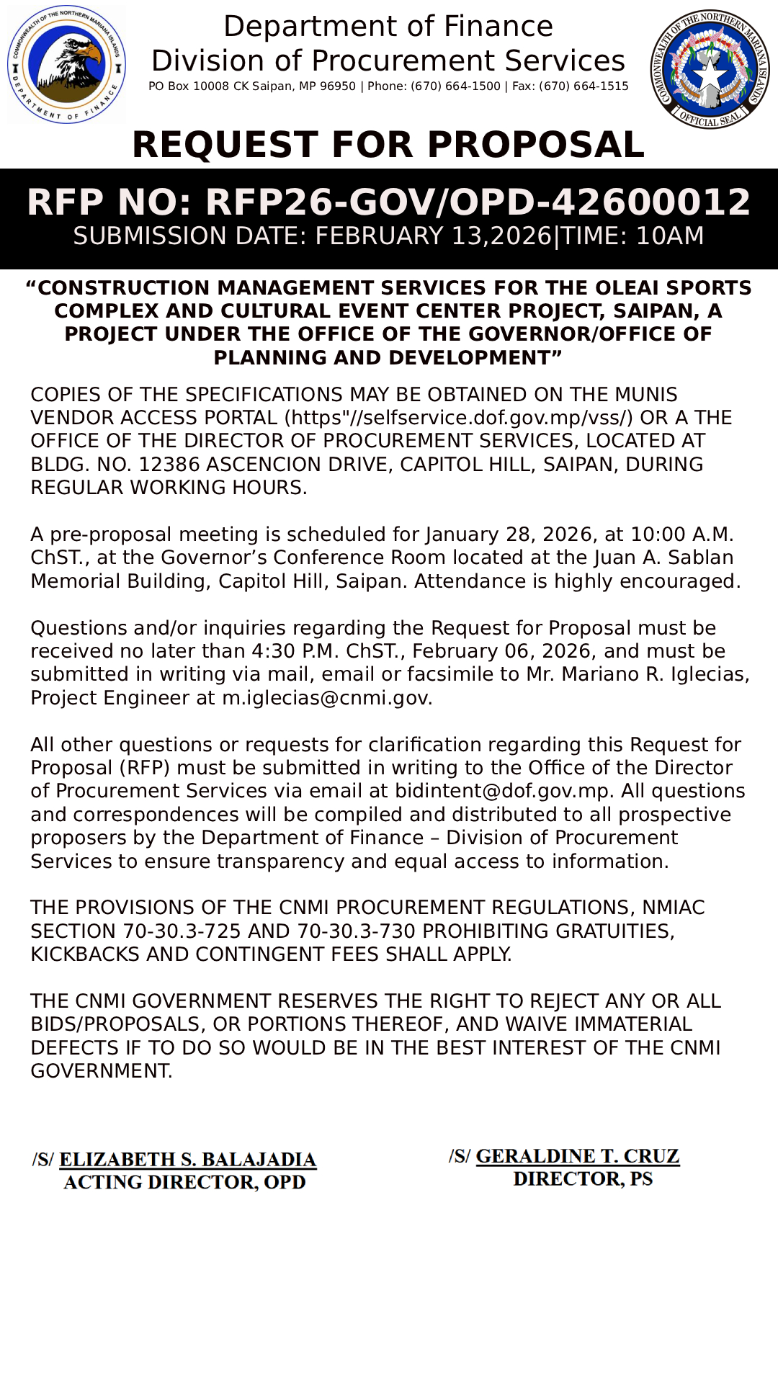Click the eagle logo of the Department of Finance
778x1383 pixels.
66,65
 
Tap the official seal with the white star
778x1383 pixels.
710,68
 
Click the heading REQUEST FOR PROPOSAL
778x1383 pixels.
388,145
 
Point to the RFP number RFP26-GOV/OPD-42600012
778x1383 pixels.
478,202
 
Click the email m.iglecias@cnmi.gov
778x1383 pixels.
326,698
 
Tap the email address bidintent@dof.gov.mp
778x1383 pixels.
502,791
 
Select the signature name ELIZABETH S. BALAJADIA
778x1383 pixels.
187,1160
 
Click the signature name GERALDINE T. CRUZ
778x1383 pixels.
577,1156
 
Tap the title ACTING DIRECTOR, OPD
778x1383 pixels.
184,1183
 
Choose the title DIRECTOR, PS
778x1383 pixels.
583,1179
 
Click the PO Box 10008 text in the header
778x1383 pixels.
189,86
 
